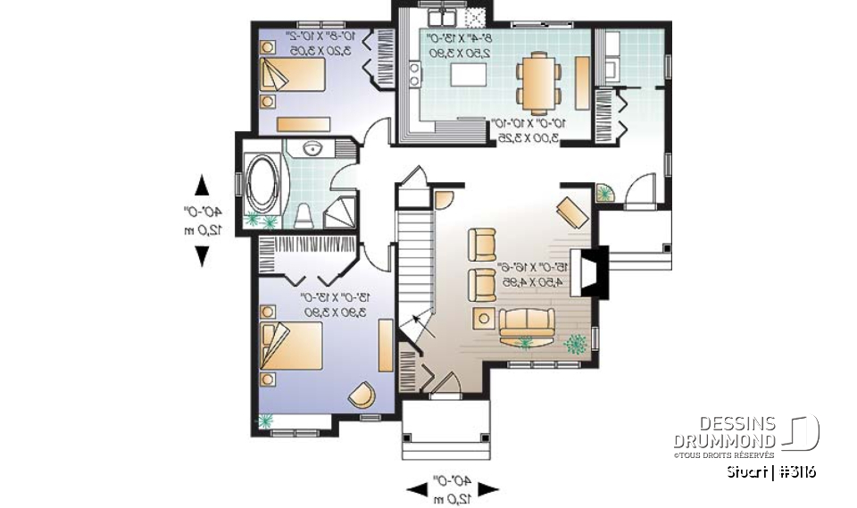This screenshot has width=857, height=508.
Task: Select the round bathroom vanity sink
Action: coord(313,149)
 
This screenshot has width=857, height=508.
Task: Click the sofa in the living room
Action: coord(527,325)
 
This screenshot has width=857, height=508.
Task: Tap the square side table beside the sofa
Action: coord(485,317)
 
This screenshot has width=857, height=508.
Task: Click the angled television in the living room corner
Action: coord(571,212)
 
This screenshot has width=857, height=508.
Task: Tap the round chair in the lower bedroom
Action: coord(362,394)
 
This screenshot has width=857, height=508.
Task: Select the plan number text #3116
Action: coord(796,471)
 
